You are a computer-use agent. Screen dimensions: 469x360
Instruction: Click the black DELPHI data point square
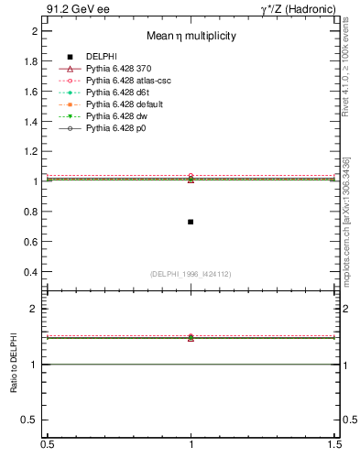click(191, 222)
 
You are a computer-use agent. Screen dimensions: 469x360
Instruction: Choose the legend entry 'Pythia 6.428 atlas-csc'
click(133, 81)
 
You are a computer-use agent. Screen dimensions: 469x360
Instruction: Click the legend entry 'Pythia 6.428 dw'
click(118, 116)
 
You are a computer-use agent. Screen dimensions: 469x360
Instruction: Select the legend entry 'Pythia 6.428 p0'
click(118, 128)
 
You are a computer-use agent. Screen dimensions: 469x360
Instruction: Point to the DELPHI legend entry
click(101, 57)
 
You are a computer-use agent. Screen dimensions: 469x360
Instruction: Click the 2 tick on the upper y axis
click(34, 31)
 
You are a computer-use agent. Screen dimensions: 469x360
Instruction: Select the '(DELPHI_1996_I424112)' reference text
click(190, 273)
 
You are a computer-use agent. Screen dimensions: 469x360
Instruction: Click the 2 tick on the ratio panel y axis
click(34, 309)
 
